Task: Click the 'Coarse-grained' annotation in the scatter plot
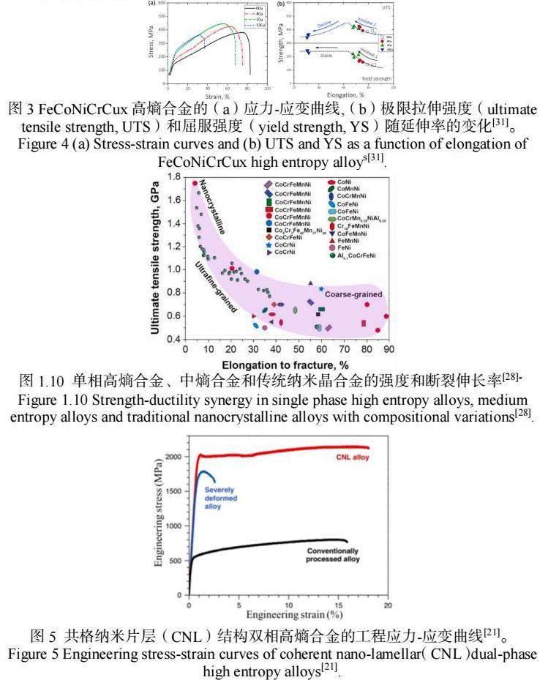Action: (353, 294)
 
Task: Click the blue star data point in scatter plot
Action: (321, 288)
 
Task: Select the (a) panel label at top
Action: (151, 3)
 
